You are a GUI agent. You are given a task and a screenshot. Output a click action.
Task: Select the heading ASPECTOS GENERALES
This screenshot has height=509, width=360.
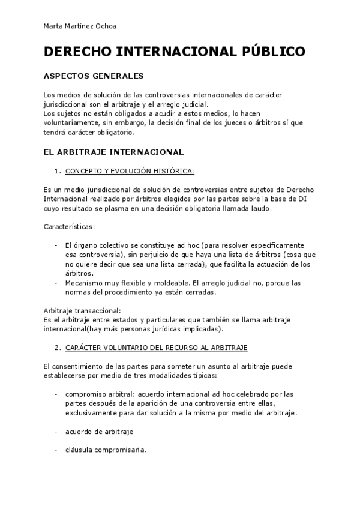94,77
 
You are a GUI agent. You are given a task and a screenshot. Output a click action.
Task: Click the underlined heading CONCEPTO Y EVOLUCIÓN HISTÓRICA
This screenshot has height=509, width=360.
130,171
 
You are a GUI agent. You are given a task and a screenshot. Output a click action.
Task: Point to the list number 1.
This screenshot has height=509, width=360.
56,171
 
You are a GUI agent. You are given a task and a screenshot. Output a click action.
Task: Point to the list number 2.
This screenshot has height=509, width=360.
56,348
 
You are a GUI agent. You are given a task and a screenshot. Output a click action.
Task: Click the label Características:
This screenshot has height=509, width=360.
69,227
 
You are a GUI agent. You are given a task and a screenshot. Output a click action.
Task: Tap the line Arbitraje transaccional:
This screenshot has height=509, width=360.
83,310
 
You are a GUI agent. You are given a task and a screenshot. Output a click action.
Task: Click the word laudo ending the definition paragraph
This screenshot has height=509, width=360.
259,208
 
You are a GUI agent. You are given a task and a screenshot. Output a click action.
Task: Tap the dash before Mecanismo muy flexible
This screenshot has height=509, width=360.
56,282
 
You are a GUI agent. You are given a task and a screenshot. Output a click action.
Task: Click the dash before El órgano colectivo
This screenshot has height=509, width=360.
56,245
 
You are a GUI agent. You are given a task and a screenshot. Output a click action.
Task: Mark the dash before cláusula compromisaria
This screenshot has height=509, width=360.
56,450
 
